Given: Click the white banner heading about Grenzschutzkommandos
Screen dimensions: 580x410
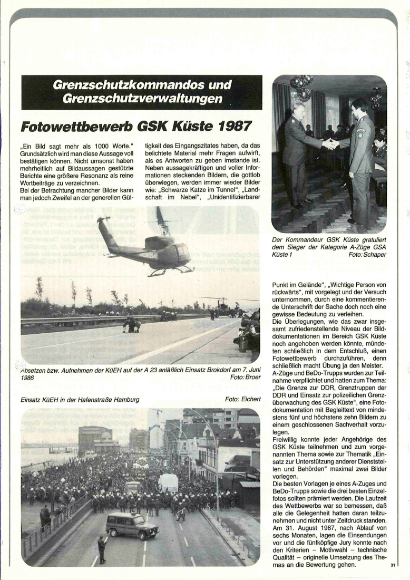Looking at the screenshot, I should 142,92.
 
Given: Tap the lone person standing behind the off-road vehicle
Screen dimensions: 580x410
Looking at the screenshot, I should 102,549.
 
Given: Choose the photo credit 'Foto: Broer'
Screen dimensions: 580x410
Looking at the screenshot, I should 245,378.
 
